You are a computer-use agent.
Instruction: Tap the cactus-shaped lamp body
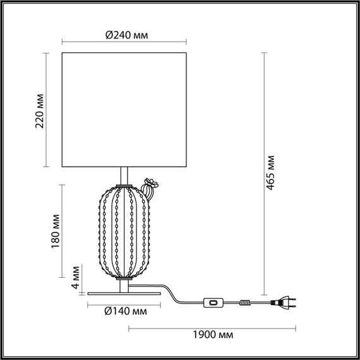(124, 231)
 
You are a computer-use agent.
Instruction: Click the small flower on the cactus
(150, 185)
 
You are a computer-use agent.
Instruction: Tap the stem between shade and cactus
(124, 175)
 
